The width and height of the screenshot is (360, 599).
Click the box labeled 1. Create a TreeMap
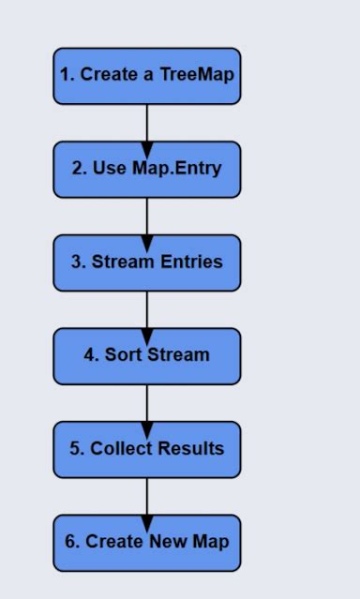click(146, 75)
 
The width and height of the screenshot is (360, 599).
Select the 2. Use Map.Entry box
click(146, 169)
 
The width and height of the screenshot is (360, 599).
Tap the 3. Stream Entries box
click(146, 262)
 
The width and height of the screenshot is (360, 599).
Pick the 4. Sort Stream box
click(146, 355)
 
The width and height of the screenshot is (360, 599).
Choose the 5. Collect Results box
click(146, 449)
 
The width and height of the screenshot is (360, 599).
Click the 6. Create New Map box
click(146, 543)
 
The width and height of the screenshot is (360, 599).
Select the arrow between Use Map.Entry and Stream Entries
click(146, 217)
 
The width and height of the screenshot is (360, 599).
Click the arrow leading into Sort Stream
click(146, 310)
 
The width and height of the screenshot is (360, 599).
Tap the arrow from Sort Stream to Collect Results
click(146, 404)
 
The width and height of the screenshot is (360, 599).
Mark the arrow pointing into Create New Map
click(146, 497)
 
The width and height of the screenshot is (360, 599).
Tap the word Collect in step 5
click(122, 449)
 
